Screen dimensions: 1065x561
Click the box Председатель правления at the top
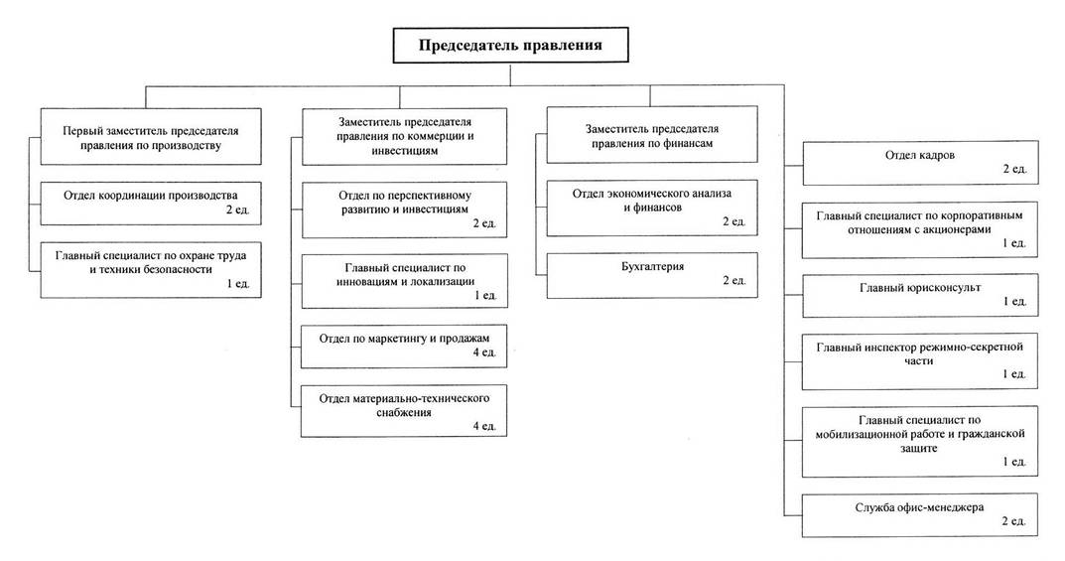tap(510, 46)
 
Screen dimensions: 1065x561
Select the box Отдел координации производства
tap(151, 204)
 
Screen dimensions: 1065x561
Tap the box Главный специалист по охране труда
tap(151, 270)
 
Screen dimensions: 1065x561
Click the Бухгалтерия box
tap(652, 275)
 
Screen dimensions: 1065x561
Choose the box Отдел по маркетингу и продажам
tap(404, 347)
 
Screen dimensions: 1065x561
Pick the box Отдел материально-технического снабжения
tap(404, 411)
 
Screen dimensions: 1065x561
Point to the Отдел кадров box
tap(920, 162)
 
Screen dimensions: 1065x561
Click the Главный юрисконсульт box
tap(920, 296)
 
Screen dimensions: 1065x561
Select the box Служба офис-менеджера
tap(920, 515)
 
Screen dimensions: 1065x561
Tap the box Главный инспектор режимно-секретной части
tap(920, 361)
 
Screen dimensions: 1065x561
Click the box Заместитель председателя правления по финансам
tap(652, 134)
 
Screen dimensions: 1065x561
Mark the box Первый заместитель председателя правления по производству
tap(151, 136)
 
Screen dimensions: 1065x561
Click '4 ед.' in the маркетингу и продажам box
tap(484, 352)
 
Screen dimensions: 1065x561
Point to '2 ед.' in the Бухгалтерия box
tap(734, 280)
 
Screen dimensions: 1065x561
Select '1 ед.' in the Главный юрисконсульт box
tap(1014, 302)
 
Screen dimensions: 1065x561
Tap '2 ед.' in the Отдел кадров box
tap(1014, 169)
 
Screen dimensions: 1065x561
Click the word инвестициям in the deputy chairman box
tap(405, 151)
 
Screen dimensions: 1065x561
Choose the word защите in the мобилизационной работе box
tap(919, 448)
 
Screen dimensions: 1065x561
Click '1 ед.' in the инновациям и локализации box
tap(485, 296)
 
